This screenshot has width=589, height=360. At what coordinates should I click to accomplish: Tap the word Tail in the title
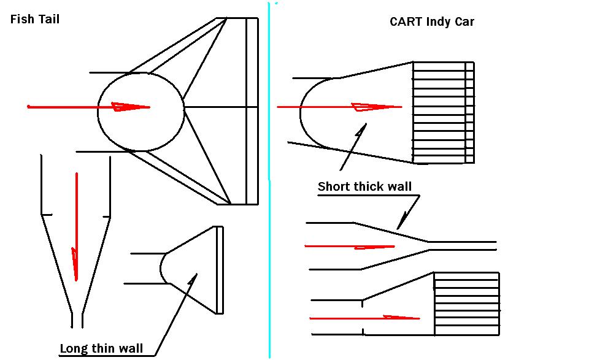[48, 19]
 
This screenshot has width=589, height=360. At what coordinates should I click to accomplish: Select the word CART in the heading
[406, 22]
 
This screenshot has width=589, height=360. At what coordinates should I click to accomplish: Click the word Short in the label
[334, 186]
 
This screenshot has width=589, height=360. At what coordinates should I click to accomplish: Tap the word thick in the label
[370, 186]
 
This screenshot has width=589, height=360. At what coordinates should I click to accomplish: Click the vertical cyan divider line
[269, 184]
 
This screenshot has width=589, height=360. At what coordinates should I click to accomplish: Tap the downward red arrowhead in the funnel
[75, 264]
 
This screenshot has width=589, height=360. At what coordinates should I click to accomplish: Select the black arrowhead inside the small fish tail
[193, 279]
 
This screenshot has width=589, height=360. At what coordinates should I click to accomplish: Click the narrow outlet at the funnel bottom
[77, 320]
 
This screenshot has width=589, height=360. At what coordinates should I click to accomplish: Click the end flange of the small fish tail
[220, 270]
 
